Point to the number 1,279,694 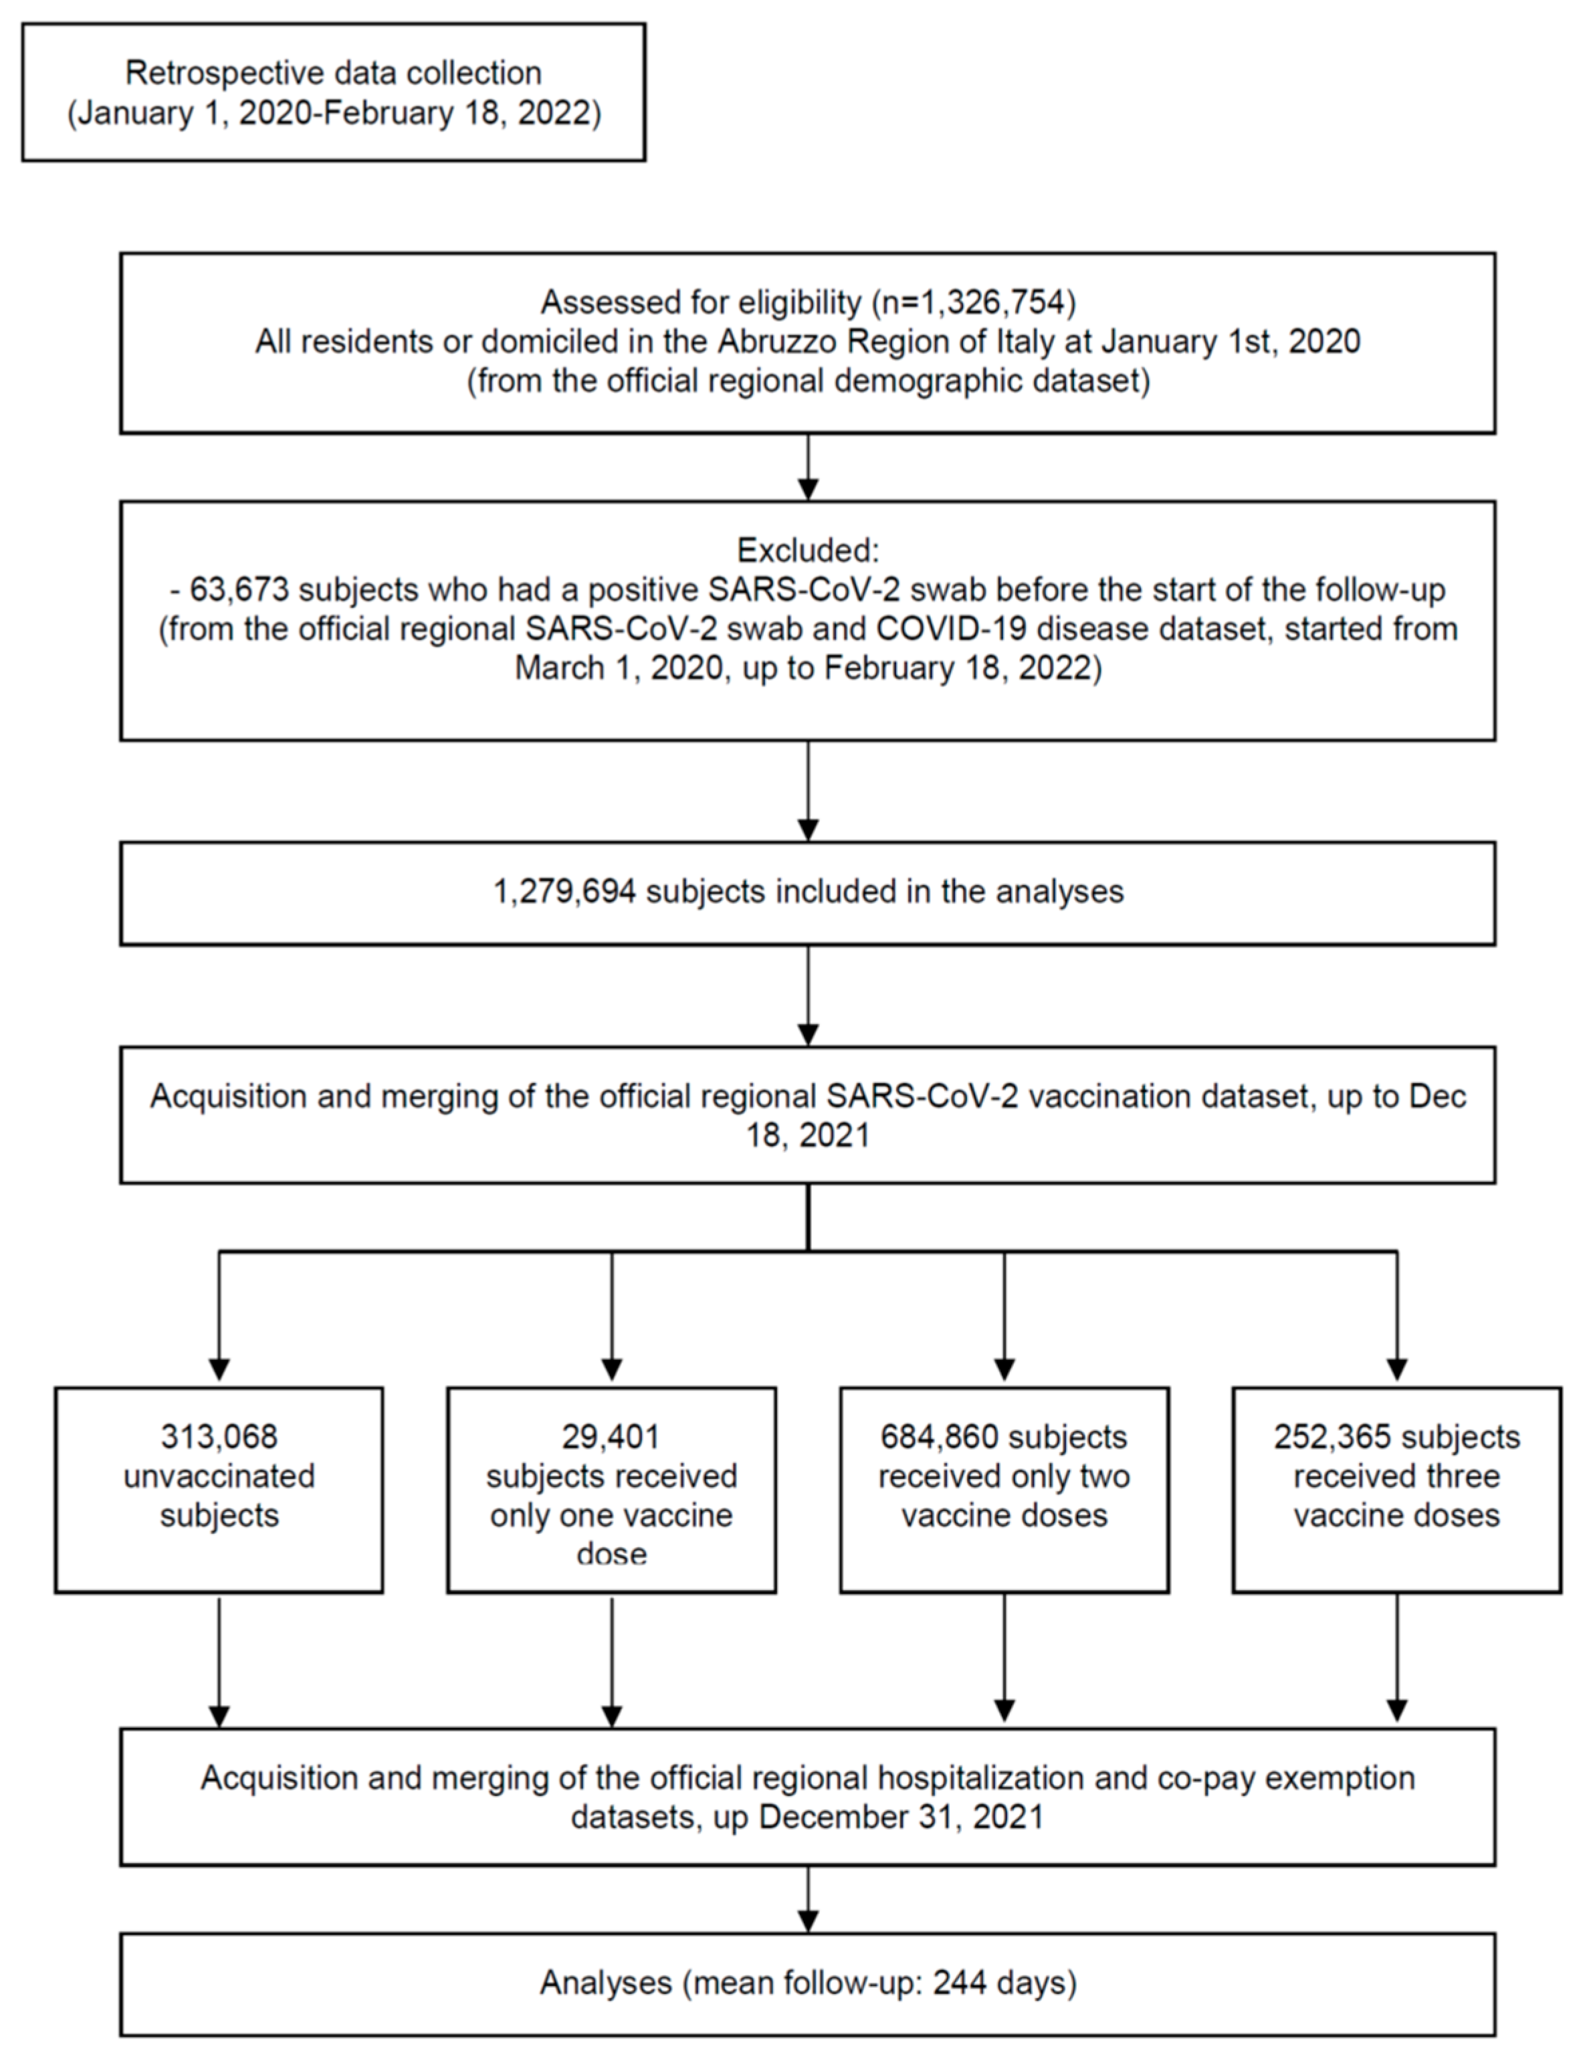564,892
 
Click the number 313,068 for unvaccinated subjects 219,1437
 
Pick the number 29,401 611,1437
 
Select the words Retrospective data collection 333,73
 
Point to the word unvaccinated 219,1476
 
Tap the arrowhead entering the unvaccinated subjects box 219,1369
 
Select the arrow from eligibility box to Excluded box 807,468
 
